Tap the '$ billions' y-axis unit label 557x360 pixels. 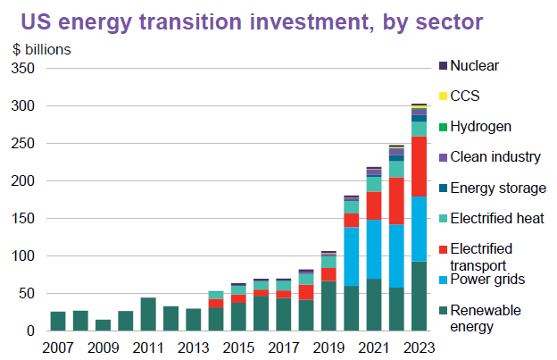42,50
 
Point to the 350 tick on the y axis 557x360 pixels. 23,68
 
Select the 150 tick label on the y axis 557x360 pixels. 23,218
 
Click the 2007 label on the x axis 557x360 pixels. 58,347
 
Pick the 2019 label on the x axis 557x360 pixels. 328,347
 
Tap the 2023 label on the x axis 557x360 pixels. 420,347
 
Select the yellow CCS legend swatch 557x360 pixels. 443,96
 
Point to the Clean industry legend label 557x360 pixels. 495,156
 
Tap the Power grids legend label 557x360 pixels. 487,280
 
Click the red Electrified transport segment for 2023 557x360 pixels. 420,166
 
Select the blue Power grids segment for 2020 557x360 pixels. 352,256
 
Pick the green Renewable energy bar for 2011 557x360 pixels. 148,314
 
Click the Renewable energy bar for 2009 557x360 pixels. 103,325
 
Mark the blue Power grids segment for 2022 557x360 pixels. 396,255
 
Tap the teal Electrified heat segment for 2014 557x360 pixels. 216,295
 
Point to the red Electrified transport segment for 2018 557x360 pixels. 306,292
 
